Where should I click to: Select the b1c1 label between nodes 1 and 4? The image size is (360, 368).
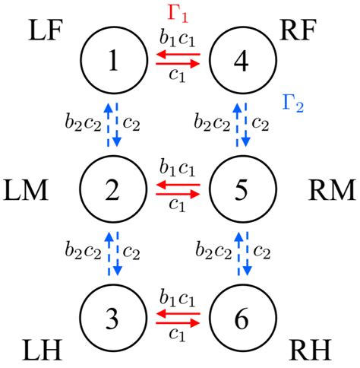click(x=176, y=42)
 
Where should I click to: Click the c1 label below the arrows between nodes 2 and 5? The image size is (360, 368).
click(x=177, y=205)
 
